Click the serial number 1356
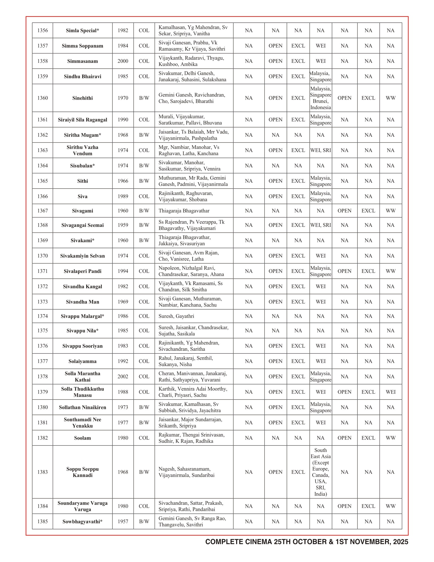(x=42, y=30)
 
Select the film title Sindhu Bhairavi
(x=82, y=76)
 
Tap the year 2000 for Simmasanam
(x=123, y=61)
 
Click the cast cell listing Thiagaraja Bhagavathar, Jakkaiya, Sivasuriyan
(x=184, y=240)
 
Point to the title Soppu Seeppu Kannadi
(x=82, y=472)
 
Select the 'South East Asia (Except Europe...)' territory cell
(x=321, y=472)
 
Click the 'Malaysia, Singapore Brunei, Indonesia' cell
(x=321, y=98)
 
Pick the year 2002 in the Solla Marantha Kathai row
(x=123, y=377)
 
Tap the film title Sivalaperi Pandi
(x=82, y=271)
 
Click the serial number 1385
(x=42, y=521)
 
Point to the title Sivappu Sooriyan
(x=82, y=346)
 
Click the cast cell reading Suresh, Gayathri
(x=176, y=316)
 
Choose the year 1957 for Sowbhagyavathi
(x=123, y=521)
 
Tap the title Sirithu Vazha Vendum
(x=82, y=150)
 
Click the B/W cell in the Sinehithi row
(x=144, y=98)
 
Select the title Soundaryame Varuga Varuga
(x=82, y=506)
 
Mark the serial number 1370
(x=42, y=256)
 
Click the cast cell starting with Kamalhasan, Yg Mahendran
(x=193, y=30)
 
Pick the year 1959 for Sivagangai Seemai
(x=123, y=225)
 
